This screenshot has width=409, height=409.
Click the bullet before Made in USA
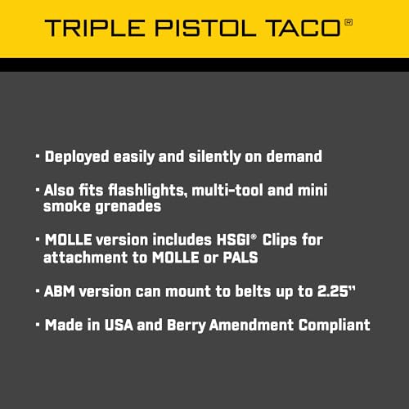click(x=38, y=325)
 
